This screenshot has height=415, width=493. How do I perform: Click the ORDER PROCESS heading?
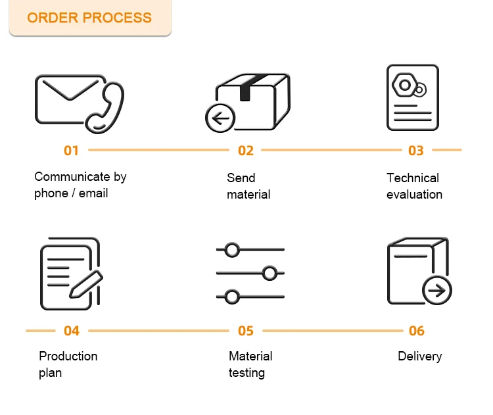[x=89, y=18]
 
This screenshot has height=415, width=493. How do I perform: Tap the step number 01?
[x=71, y=151]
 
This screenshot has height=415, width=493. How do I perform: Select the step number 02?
[x=245, y=151]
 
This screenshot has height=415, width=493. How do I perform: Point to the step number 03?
[x=416, y=151]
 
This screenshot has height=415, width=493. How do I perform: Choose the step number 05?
[x=245, y=331]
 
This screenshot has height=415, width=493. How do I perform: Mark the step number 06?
[x=416, y=331]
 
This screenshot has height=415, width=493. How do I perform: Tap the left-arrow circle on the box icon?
[x=220, y=118]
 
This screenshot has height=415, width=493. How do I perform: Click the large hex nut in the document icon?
[x=402, y=84]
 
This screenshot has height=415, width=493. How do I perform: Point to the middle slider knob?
[x=268, y=273]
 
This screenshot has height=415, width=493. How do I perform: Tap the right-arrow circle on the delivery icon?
[x=436, y=289]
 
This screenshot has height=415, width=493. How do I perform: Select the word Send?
[x=241, y=178]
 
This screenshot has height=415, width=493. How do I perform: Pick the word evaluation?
[x=414, y=195]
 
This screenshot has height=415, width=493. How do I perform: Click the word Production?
[x=68, y=356]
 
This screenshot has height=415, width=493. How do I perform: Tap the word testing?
[x=246, y=373]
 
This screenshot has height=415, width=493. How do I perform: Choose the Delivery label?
[x=419, y=356]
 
